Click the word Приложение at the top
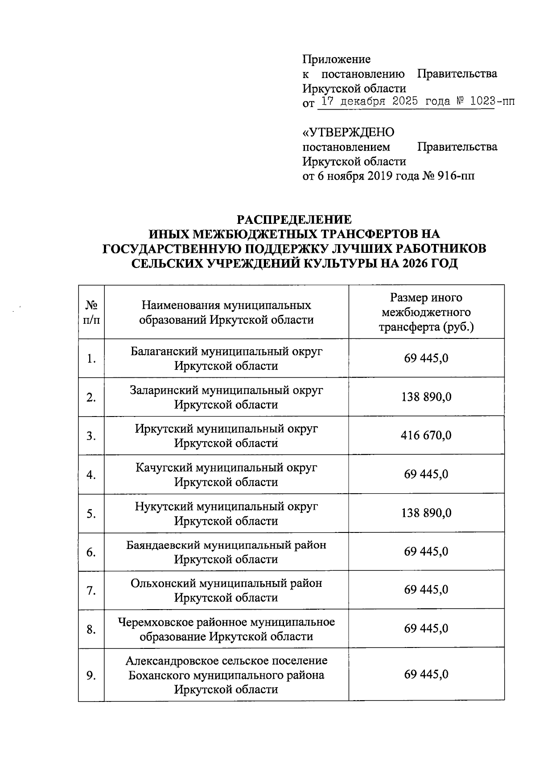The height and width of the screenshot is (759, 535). point(337,59)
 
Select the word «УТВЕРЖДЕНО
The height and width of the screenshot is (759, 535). point(348,132)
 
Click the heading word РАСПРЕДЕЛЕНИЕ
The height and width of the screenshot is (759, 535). point(294,220)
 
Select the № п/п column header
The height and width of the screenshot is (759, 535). point(91,312)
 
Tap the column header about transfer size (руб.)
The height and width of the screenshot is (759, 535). point(426,312)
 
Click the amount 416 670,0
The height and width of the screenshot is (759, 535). point(426,436)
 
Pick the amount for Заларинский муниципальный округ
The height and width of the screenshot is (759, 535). point(426,397)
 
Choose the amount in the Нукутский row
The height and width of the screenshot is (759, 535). point(426,513)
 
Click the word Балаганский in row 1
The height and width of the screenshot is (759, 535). point(164,351)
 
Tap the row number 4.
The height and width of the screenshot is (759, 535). point(91,475)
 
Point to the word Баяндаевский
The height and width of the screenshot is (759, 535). point(163,545)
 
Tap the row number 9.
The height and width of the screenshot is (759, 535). point(91,675)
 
